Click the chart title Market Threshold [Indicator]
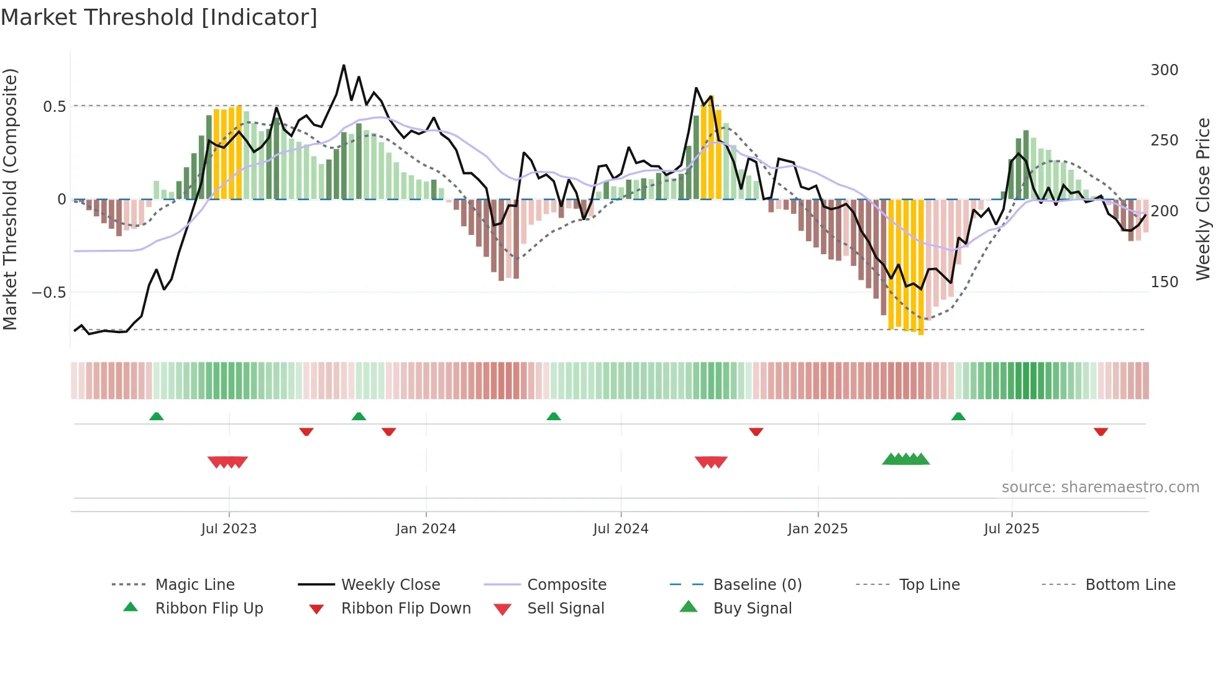pyautogui.click(x=159, y=17)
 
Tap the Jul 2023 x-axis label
pyautogui.click(x=229, y=529)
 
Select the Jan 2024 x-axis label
pyautogui.click(x=426, y=529)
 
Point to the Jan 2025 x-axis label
pyautogui.click(x=817, y=529)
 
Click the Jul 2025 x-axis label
pyautogui.click(x=1011, y=529)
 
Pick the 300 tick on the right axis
pyautogui.click(x=1164, y=70)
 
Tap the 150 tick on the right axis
pyautogui.click(x=1164, y=282)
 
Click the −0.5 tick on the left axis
pyautogui.click(x=48, y=293)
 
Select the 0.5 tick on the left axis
pyautogui.click(x=54, y=107)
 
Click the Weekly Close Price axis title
pyautogui.click(x=1203, y=199)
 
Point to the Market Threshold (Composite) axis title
pyautogui.click(x=10, y=199)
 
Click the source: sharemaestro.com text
pyautogui.click(x=1100, y=487)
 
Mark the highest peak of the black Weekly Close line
pyautogui.click(x=344, y=65)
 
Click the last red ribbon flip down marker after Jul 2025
pyautogui.click(x=1101, y=431)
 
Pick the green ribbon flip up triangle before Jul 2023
pyautogui.click(x=157, y=416)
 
